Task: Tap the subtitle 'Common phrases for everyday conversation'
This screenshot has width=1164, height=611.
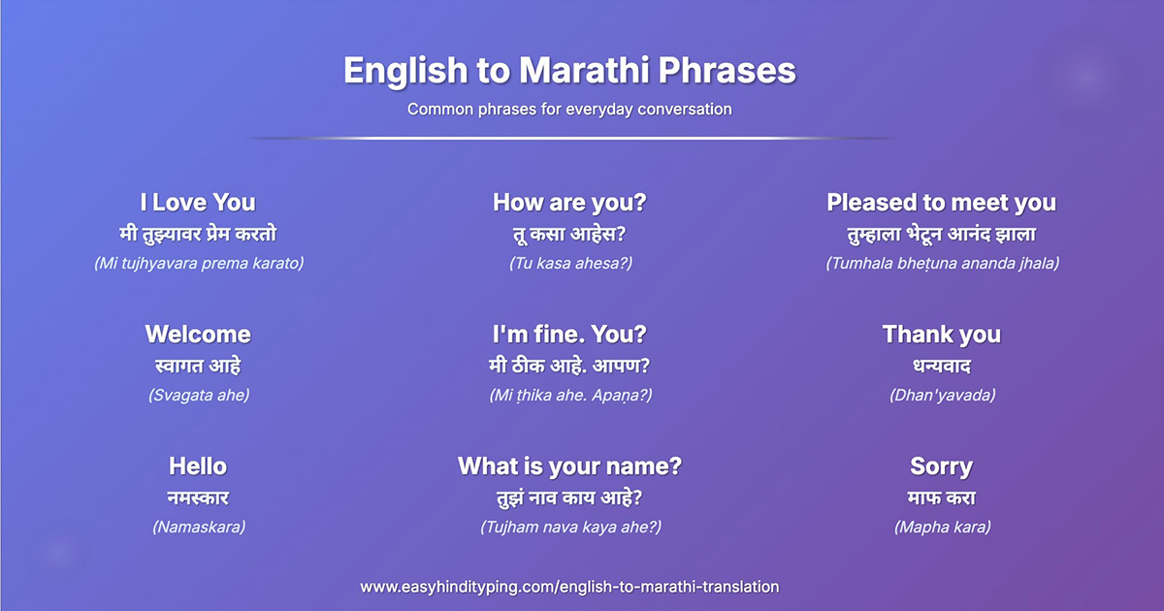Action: [x=569, y=110]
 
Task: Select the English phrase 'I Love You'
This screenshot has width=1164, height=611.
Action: [x=198, y=203]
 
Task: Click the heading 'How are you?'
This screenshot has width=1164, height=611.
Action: [x=569, y=203]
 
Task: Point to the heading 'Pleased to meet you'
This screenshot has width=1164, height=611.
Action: [x=942, y=203]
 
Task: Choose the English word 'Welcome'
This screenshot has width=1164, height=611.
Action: [x=198, y=334]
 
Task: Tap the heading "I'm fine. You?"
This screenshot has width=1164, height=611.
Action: [x=569, y=334]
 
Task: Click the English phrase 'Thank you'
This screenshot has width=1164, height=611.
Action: [x=942, y=336]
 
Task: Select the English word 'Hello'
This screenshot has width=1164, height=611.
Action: [x=198, y=466]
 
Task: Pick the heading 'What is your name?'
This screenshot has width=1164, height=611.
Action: [x=569, y=466]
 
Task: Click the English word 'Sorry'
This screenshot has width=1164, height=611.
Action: [x=942, y=467]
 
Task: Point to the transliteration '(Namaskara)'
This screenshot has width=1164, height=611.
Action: [x=199, y=528]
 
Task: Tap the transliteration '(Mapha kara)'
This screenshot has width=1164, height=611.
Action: [x=942, y=528]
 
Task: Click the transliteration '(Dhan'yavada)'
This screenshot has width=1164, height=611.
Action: [x=942, y=396]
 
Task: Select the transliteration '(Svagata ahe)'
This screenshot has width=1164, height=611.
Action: [x=199, y=396]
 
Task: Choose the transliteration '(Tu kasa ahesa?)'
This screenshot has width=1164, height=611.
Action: [x=570, y=264]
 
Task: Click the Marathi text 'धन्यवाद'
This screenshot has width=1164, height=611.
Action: [x=942, y=367]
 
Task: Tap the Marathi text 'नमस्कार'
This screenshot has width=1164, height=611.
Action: [x=198, y=498]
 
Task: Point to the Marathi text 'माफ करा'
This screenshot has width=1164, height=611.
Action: [x=942, y=498]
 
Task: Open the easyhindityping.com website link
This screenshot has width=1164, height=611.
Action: [x=569, y=587]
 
